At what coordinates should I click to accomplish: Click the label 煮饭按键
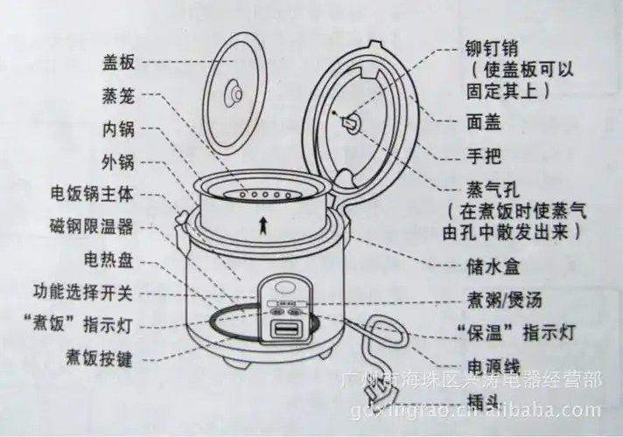[99, 358]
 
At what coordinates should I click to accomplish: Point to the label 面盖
[485, 123]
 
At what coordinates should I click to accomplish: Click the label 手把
[485, 156]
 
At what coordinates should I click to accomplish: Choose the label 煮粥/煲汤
[505, 298]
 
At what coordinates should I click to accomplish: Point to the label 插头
[484, 399]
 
